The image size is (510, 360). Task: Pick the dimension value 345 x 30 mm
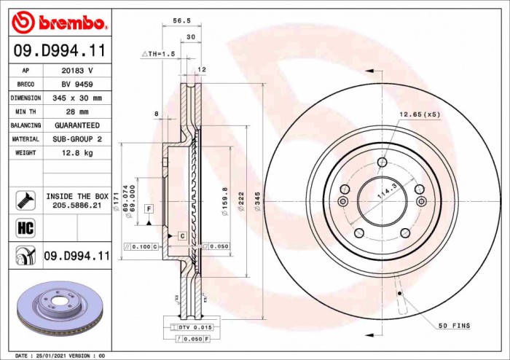click(76, 98)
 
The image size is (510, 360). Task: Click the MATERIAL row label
click(25, 139)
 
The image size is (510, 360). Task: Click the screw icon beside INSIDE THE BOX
click(25, 197)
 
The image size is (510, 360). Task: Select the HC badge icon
click(25, 227)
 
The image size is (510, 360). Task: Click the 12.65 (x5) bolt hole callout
click(420, 114)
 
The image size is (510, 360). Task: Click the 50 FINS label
click(454, 326)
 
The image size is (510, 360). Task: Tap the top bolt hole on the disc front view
click(381, 163)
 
